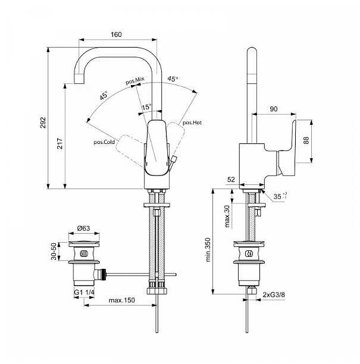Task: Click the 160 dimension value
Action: click(x=116, y=34)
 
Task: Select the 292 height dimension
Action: click(x=43, y=123)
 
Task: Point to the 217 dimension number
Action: click(x=60, y=143)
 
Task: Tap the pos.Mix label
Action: click(x=135, y=80)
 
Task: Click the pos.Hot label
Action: click(x=192, y=123)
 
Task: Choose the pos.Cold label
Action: click(x=104, y=142)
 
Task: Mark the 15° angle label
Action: click(x=146, y=107)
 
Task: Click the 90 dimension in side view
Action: click(x=274, y=109)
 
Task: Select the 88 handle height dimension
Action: click(x=306, y=140)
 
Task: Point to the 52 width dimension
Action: click(x=231, y=180)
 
